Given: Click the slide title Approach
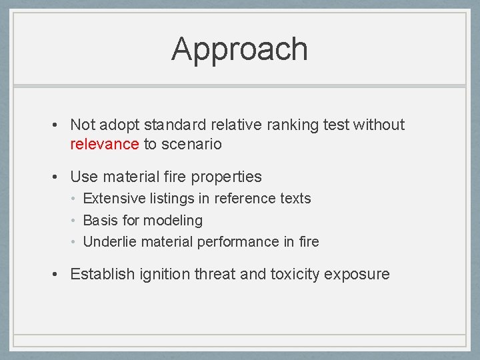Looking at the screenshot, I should point(239,49).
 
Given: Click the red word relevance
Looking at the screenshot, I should point(104,144).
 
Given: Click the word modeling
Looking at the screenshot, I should point(173,220).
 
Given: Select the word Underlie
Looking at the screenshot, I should point(108,241).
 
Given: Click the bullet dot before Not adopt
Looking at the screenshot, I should point(59,125).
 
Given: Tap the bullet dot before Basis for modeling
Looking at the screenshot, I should point(77,221).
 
